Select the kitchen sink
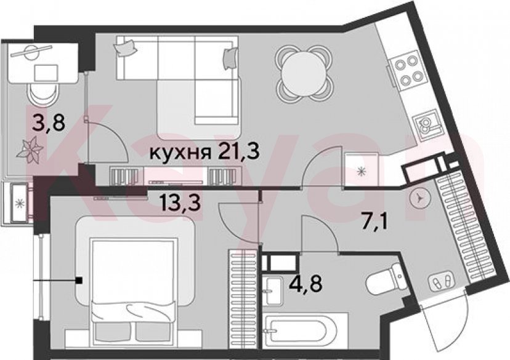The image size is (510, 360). tap(426, 126)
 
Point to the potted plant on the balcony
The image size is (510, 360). tap(32, 148)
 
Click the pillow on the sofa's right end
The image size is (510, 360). tap(230, 57)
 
